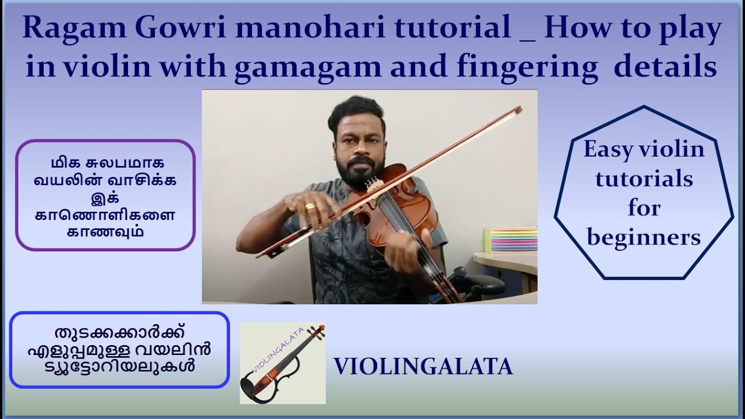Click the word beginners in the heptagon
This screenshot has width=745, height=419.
coord(644,237)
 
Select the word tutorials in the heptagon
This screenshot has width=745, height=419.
coord(644,179)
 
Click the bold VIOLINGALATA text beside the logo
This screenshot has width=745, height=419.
coord(423,367)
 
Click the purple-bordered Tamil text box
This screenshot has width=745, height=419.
coord(105,195)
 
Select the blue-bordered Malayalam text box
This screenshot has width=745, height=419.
coord(119,350)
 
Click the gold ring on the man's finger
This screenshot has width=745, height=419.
coord(311,205)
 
